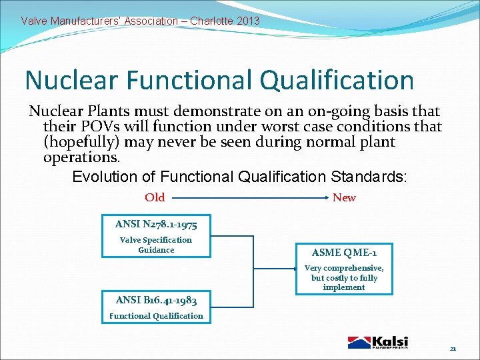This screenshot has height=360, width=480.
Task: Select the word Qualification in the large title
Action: pos(337,81)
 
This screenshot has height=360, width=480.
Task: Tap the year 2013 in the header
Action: pos(247,21)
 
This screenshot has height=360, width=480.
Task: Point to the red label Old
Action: pos(155,197)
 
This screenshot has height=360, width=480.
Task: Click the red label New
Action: pos(344,197)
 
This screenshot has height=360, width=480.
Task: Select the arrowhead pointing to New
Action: pos(326,198)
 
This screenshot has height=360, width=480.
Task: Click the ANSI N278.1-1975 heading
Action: pos(156,224)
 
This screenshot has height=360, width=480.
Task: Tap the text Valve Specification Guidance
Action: pos(156,245)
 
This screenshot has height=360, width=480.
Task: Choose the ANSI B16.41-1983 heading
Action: pos(156,300)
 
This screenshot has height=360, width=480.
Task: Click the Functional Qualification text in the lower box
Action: pos(156,316)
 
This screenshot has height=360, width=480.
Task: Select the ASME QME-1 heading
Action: pos(344,253)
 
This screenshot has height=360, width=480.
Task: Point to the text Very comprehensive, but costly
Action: pos(344,277)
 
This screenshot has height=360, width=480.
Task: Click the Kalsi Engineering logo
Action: pos(378,342)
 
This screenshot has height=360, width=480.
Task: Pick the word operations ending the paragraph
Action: pos(81,158)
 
